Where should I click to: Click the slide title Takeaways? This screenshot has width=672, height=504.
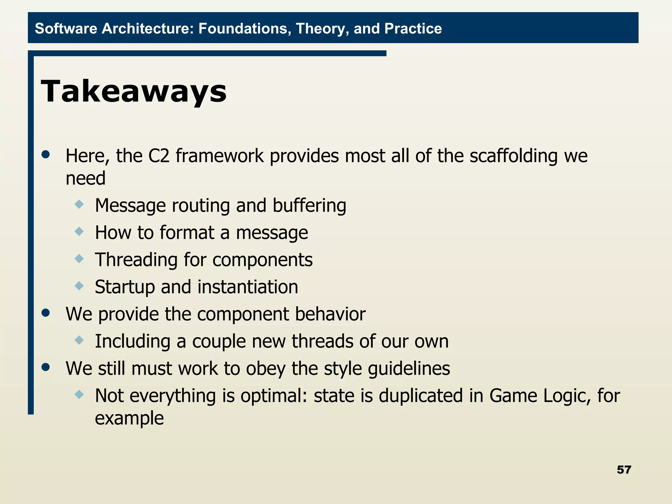(x=134, y=91)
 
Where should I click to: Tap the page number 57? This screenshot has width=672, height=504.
(x=624, y=470)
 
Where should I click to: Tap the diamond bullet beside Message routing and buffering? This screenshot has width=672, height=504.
(x=79, y=205)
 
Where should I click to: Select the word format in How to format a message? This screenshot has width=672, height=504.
(x=187, y=233)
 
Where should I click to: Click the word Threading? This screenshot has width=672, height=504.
(x=136, y=260)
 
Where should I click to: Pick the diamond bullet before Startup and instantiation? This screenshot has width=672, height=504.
(x=79, y=286)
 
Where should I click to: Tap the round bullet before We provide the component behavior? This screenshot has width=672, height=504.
(x=46, y=313)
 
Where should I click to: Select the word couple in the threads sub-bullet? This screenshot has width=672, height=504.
(x=219, y=341)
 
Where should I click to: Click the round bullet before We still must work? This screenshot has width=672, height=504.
(x=46, y=367)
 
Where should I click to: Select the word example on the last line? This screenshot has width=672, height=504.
(x=129, y=418)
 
